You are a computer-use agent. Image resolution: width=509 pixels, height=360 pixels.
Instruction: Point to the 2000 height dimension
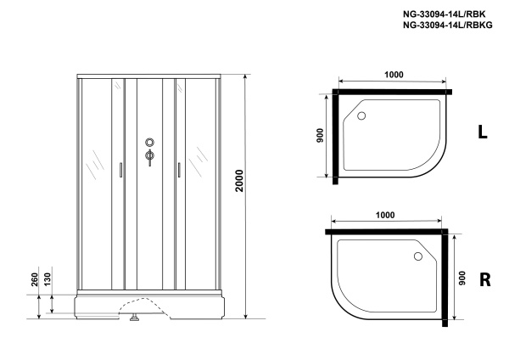pos(240,198)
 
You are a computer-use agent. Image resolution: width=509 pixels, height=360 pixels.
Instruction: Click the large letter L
pos(483,132)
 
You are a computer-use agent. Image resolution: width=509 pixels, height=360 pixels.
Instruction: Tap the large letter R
pos(484,279)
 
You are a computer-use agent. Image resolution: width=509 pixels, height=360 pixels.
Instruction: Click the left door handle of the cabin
pos(122,172)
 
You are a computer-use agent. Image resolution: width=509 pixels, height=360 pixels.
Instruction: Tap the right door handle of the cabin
pos(180,172)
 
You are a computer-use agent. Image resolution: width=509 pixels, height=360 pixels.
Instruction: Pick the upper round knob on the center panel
pos(150,143)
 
